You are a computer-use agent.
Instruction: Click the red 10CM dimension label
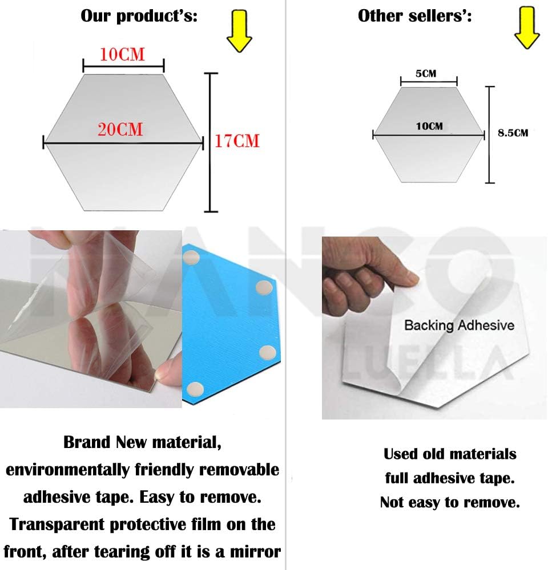[x=122, y=55]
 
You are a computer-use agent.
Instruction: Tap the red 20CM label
[x=120, y=129]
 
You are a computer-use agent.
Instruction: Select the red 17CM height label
[x=237, y=141]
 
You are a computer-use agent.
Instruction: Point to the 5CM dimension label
[x=426, y=74]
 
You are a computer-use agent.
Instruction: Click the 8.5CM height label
[x=513, y=133]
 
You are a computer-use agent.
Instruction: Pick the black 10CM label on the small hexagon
[x=429, y=126]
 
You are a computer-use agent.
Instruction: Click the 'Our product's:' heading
[x=139, y=17]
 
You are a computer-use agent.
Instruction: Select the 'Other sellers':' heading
[x=415, y=16]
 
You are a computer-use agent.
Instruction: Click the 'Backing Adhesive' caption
[x=459, y=325]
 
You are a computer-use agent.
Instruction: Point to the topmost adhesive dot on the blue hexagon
[x=191, y=258]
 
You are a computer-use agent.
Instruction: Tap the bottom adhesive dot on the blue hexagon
[x=195, y=390]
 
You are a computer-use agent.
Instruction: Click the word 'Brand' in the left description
[x=87, y=442]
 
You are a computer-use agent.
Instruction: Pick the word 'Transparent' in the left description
[x=57, y=524]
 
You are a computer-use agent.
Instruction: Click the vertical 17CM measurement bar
[x=211, y=142]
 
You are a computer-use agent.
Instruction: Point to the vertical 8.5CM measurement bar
[x=490, y=135]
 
